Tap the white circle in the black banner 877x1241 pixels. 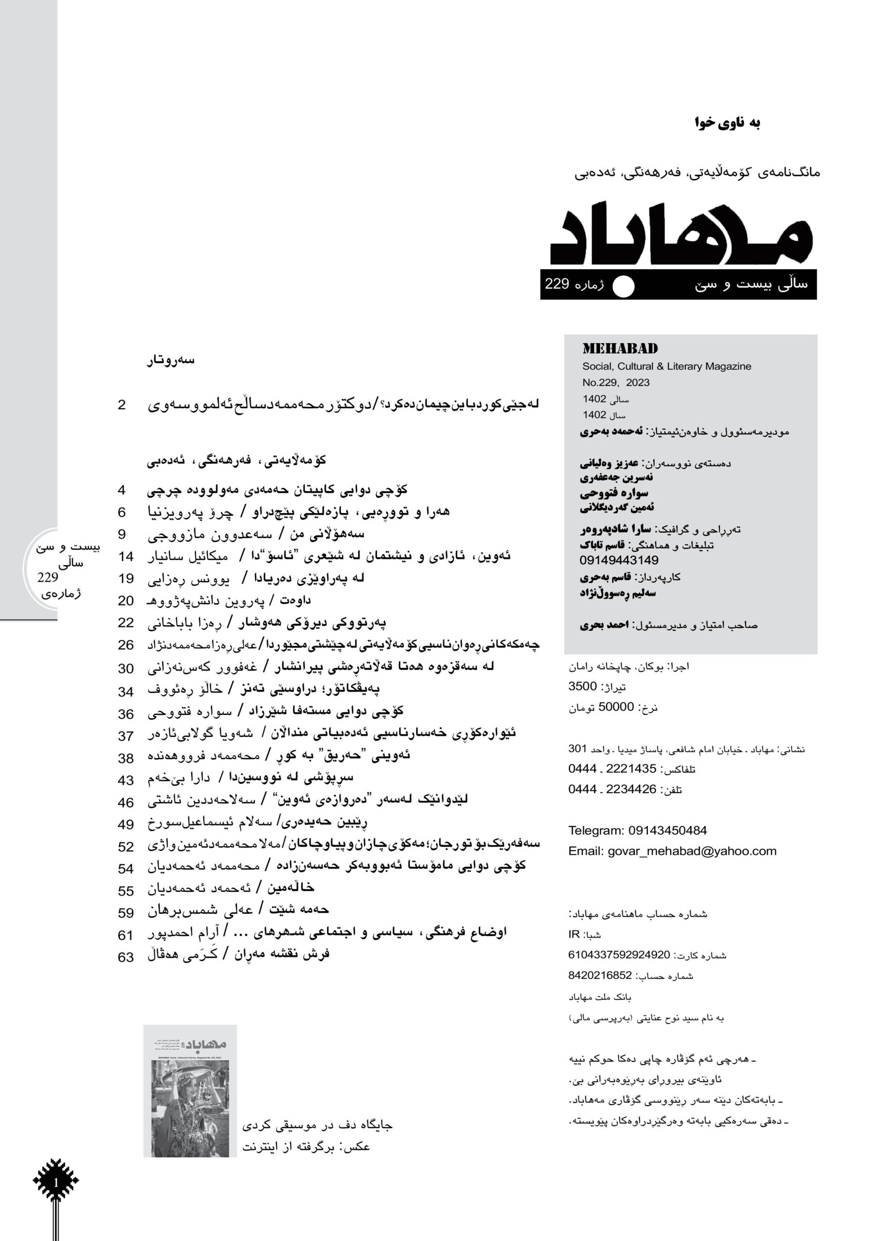(623, 286)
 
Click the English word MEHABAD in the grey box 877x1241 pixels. (620, 349)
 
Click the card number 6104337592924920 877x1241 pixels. (619, 955)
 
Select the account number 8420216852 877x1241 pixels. (600, 976)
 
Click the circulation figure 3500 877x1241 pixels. (582, 686)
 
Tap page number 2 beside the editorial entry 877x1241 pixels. (122, 405)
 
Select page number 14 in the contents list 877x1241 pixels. (125, 557)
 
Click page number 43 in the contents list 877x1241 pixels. (125, 780)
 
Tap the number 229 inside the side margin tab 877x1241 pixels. (47, 577)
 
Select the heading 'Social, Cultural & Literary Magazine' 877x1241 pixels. (666, 366)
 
